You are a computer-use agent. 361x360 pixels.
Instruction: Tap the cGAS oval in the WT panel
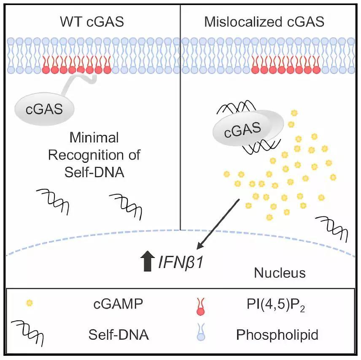(x=44, y=109)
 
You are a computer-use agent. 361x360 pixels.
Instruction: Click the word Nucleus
(x=280, y=273)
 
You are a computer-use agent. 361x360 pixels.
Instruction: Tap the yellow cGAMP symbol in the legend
(x=30, y=303)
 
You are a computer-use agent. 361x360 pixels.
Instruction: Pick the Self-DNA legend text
(x=119, y=335)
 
